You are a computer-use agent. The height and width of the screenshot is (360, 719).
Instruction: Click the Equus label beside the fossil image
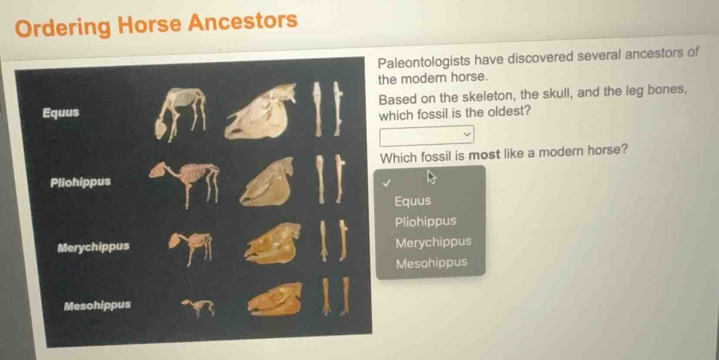61,112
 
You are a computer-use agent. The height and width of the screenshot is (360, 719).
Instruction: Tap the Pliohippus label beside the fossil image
80,182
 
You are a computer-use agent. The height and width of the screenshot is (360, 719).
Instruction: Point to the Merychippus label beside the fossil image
93,247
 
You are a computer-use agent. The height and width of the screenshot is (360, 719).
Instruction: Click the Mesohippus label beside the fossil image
97,305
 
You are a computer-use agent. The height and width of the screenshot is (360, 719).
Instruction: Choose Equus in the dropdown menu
413,201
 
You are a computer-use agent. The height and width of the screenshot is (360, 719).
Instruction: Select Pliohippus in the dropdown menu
425,222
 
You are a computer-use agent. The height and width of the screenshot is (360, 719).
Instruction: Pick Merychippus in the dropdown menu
433,242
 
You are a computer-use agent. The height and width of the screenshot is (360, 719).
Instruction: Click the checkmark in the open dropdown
386,183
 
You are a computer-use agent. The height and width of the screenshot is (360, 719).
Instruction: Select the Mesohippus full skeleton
198,307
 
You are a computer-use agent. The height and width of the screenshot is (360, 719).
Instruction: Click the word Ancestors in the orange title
242,22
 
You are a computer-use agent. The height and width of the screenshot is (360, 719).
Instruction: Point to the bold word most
484,155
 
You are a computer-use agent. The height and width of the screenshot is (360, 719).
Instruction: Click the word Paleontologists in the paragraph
423,62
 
